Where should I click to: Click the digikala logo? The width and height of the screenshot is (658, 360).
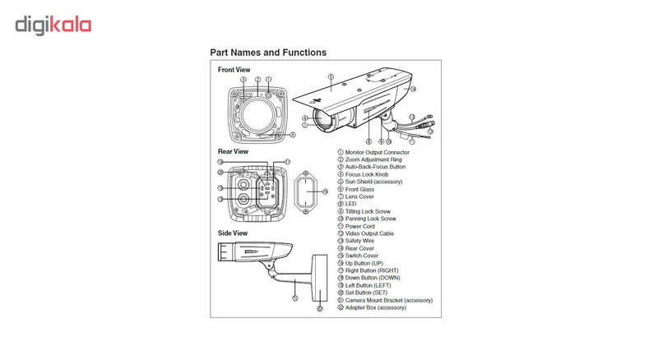(53, 24)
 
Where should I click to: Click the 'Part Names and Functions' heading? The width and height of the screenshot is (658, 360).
(268, 53)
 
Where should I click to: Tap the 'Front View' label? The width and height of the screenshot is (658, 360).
(234, 70)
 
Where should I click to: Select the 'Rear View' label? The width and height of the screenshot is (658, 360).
(233, 151)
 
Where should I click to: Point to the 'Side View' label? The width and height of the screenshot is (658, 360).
(233, 233)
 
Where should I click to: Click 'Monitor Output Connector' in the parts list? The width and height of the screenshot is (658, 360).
(378, 153)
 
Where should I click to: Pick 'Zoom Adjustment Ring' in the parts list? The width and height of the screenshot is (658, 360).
(374, 159)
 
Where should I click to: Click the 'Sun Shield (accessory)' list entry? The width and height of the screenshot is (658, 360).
(375, 182)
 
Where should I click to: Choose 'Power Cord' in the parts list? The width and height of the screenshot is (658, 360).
(361, 226)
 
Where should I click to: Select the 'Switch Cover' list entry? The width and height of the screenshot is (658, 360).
(363, 256)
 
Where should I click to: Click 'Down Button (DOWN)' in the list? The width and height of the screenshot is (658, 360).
(373, 278)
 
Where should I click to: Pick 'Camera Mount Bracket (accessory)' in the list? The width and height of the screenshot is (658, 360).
(387, 300)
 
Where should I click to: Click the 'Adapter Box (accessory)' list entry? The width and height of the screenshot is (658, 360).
(377, 307)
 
